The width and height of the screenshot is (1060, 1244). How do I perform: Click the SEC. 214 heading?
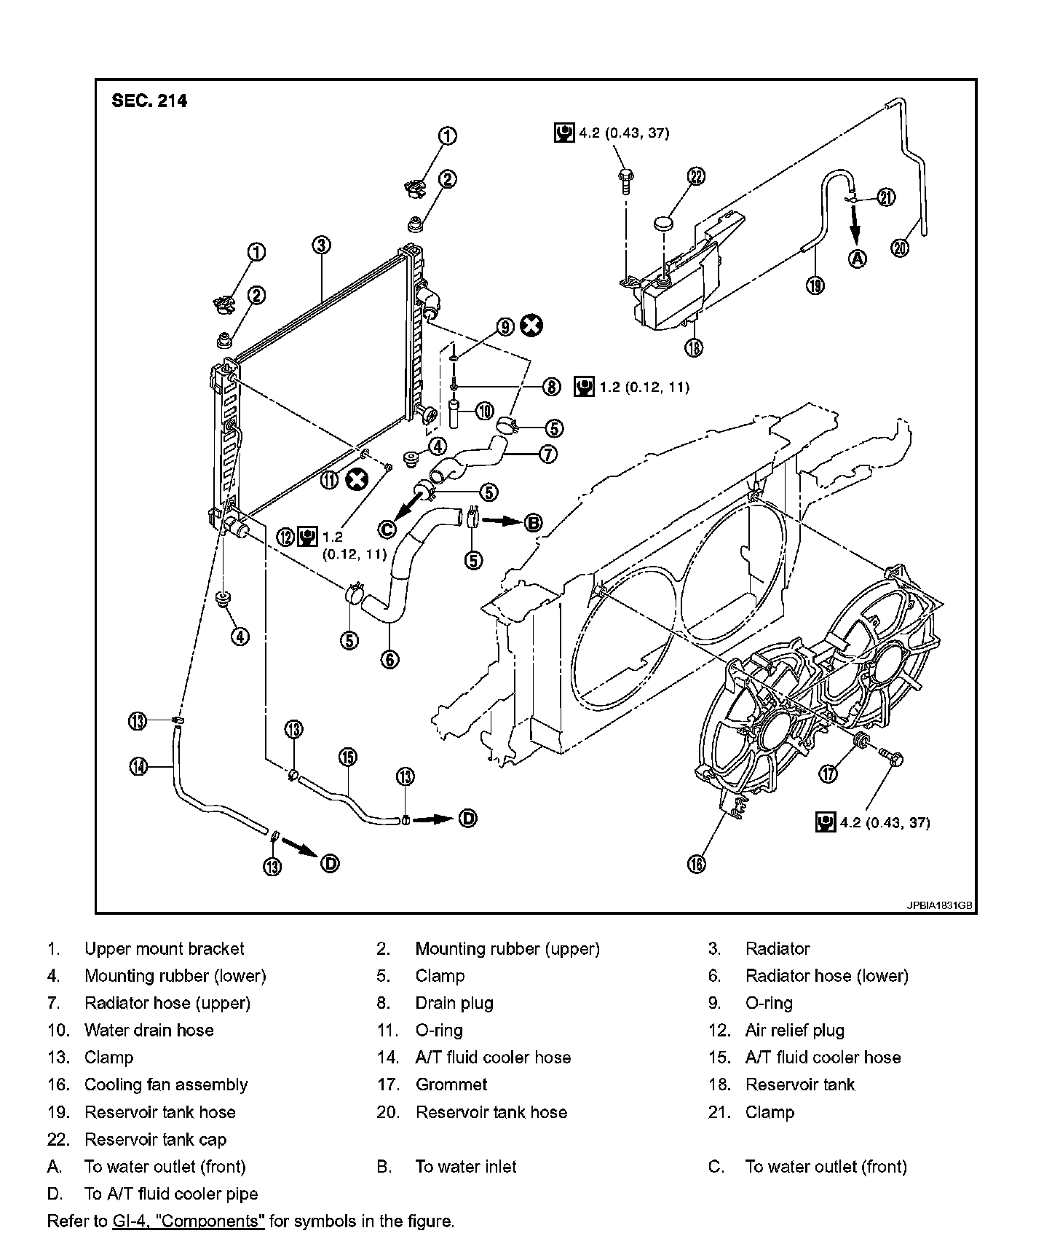pyautogui.click(x=149, y=101)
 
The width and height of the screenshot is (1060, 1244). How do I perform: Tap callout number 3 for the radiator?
pyautogui.click(x=321, y=245)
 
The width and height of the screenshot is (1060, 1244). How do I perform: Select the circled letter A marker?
pyautogui.click(x=858, y=259)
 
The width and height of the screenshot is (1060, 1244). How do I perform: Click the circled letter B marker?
pyautogui.click(x=534, y=521)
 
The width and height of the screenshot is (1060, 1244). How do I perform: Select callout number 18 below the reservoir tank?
pyautogui.click(x=695, y=347)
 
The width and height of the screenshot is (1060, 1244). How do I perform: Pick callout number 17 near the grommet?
pyautogui.click(x=828, y=774)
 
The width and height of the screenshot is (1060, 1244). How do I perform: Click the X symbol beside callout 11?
pyautogui.click(x=357, y=479)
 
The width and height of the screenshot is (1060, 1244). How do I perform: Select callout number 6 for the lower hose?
pyautogui.click(x=389, y=660)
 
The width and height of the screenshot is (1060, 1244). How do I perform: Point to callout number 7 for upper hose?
pyautogui.click(x=548, y=454)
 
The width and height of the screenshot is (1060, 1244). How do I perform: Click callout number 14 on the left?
pyautogui.click(x=138, y=766)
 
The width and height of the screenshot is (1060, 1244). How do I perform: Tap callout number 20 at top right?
pyautogui.click(x=900, y=248)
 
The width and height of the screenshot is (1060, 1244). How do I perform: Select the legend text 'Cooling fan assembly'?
pyautogui.click(x=166, y=1084)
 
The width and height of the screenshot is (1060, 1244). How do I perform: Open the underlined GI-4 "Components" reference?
pyautogui.click(x=189, y=1221)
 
